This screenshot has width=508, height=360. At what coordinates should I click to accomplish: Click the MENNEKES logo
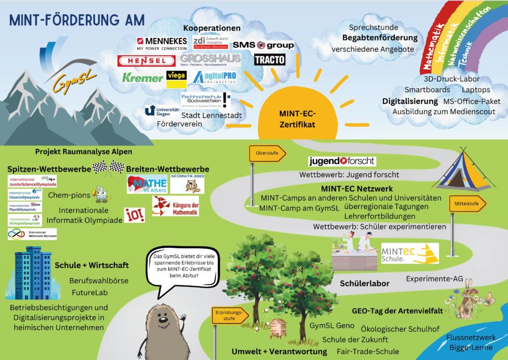(x=162, y=43)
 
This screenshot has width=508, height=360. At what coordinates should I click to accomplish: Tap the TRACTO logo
(x=269, y=60)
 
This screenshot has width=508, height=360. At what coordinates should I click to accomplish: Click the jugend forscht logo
(x=342, y=161)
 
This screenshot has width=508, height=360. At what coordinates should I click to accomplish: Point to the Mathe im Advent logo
(x=147, y=184)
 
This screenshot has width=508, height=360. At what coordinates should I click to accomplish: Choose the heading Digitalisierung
(x=410, y=101)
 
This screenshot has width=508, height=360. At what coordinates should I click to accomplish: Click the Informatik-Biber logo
(x=187, y=183)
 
